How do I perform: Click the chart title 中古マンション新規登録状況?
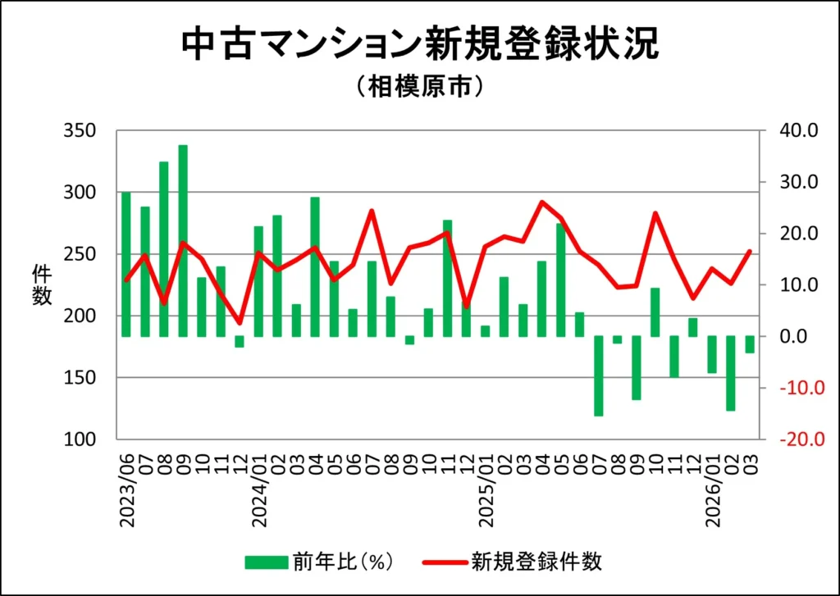point(419,45)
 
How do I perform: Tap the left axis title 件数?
point(42,285)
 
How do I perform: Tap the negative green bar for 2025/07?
point(599,375)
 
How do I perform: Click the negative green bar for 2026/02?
point(731,373)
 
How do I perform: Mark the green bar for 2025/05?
point(561,280)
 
